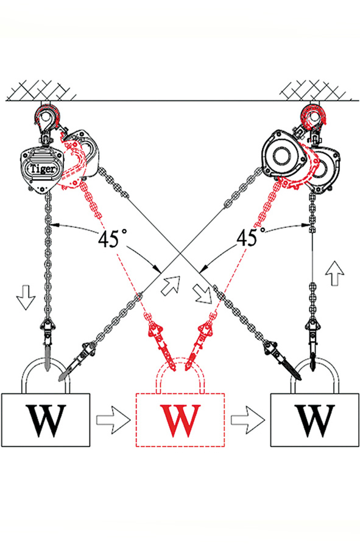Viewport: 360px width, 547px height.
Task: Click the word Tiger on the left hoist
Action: [43, 169]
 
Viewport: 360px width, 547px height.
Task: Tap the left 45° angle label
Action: [108, 239]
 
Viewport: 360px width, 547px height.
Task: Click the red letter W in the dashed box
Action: [180, 421]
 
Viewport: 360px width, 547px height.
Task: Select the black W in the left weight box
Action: [46, 421]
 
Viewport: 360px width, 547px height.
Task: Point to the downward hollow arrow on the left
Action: [26, 297]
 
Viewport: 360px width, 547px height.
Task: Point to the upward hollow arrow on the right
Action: [334, 273]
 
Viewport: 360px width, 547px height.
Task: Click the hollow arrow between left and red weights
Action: [113, 420]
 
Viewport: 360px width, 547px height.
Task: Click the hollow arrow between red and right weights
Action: [247, 420]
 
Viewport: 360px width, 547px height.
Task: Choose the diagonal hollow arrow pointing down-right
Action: [202, 293]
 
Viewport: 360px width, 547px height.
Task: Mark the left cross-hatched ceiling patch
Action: [41, 90]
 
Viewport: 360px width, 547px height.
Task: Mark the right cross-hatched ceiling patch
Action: [314, 90]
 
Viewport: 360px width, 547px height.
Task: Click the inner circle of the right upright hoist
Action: [281, 157]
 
